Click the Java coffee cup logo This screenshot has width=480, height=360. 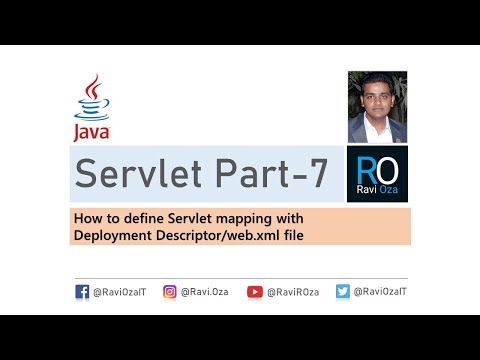[x=91, y=98]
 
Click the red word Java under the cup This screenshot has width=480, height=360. [x=91, y=131]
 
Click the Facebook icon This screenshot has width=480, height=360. [x=82, y=293]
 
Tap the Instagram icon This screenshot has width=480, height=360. [x=170, y=293]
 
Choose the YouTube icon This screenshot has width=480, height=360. [x=255, y=293]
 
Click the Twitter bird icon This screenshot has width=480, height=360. [x=342, y=293]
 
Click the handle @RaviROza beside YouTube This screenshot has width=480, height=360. [x=294, y=293]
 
